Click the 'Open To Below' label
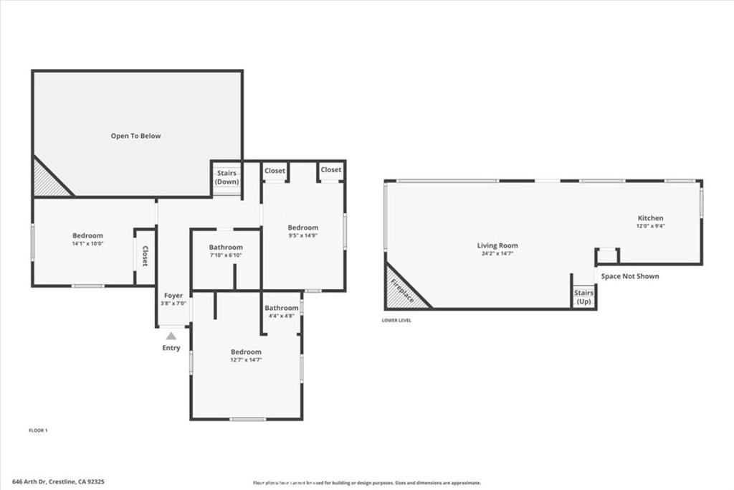tap(135, 136)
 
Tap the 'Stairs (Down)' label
tap(227, 177)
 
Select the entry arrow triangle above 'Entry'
tap(171, 335)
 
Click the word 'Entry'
tap(171, 348)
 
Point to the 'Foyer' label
tap(173, 295)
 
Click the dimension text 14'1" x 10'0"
tap(87, 243)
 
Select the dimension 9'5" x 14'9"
tap(302, 235)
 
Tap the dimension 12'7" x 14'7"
tap(246, 359)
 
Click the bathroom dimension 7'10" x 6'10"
tap(226, 255)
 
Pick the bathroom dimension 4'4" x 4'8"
tap(281, 315)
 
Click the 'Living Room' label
tap(497, 245)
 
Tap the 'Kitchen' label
tap(651, 218)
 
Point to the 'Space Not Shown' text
tap(629, 276)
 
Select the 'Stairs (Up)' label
tap(584, 297)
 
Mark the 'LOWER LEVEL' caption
tap(396, 320)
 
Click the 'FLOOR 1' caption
tap(37, 430)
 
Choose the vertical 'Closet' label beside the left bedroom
tap(145, 256)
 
